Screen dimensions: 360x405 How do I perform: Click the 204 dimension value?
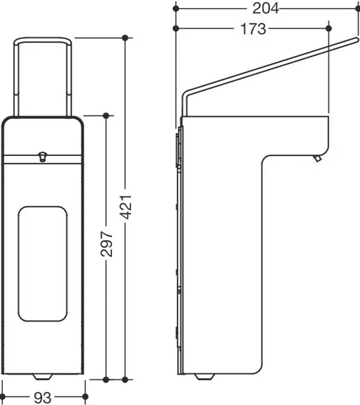[265, 9]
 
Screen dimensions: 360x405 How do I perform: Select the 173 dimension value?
[253, 28]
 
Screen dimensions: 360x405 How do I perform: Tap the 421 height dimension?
[126, 207]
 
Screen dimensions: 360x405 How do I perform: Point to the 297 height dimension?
[107, 244]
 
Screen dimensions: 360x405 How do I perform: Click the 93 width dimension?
[43, 397]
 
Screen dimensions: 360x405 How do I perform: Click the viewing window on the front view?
[43, 264]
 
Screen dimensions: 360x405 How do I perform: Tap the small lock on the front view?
[42, 157]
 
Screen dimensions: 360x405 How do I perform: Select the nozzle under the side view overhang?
[317, 158]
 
